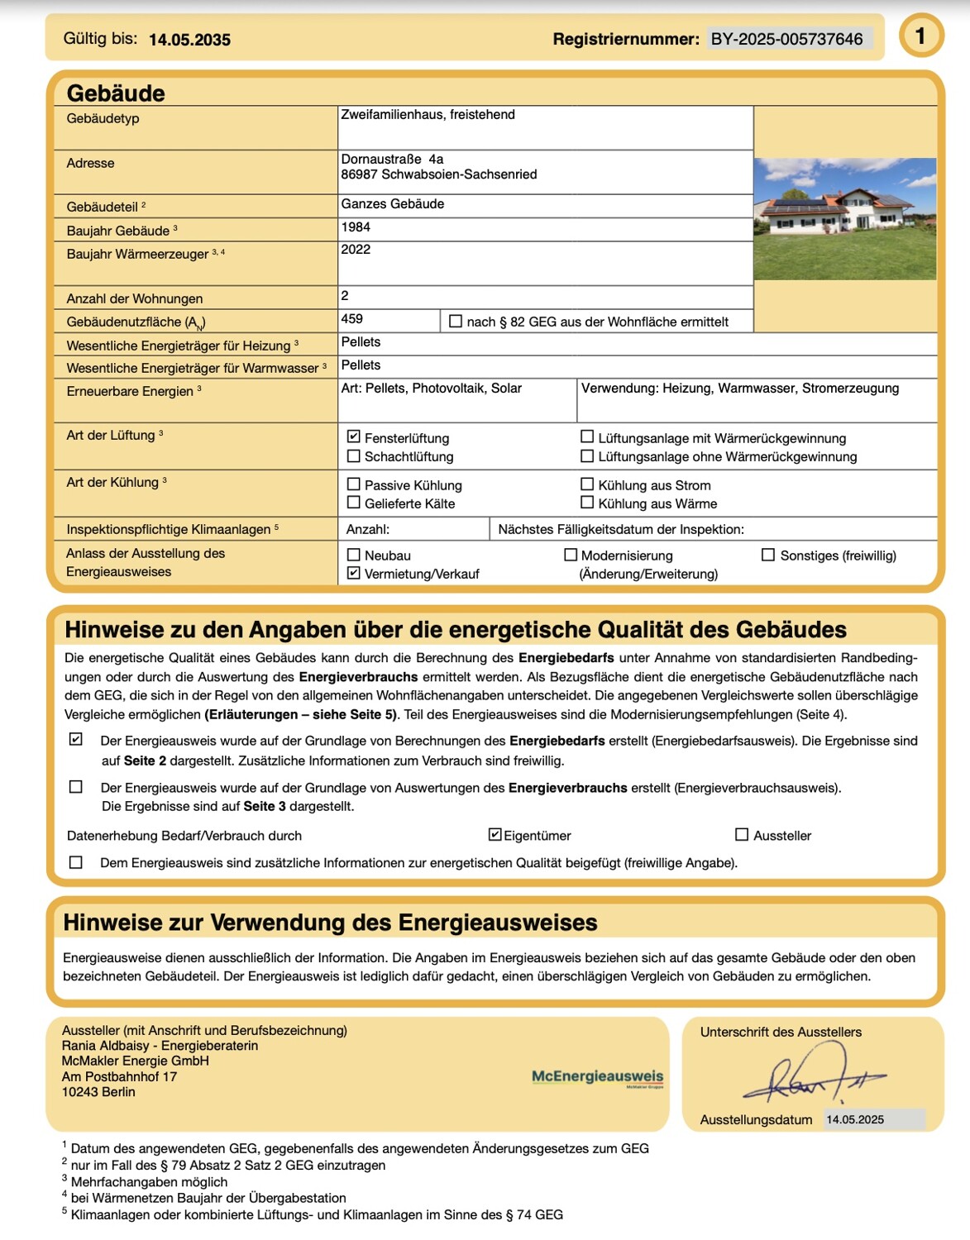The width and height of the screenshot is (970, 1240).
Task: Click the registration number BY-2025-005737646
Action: click(786, 39)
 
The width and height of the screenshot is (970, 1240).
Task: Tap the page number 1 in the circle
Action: click(920, 36)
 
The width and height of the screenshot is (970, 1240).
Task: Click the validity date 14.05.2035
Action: click(189, 40)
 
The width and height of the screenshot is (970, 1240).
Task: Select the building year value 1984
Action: click(356, 227)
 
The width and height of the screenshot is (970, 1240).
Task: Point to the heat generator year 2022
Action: click(356, 250)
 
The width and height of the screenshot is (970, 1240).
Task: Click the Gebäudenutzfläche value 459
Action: click(352, 319)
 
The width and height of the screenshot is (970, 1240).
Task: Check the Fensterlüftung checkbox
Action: click(354, 436)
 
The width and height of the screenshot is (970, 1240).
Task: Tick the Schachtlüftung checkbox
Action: click(354, 455)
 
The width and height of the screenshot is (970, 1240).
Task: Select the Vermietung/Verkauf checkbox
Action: click(354, 573)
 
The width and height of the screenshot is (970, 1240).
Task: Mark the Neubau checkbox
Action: click(354, 555)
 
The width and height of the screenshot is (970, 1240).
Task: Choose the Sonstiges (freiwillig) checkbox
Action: click(768, 555)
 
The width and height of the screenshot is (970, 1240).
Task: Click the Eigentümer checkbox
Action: click(495, 835)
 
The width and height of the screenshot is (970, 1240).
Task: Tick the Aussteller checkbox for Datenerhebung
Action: click(742, 835)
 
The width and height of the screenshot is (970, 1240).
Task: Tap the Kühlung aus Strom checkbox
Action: click(587, 484)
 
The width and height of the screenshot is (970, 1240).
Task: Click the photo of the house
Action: click(844, 218)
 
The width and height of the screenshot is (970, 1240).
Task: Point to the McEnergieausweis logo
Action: click(597, 1077)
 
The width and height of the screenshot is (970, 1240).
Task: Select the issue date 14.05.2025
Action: click(855, 1120)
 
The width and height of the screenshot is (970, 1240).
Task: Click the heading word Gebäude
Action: click(116, 93)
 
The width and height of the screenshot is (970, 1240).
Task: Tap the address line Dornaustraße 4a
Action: click(392, 160)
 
